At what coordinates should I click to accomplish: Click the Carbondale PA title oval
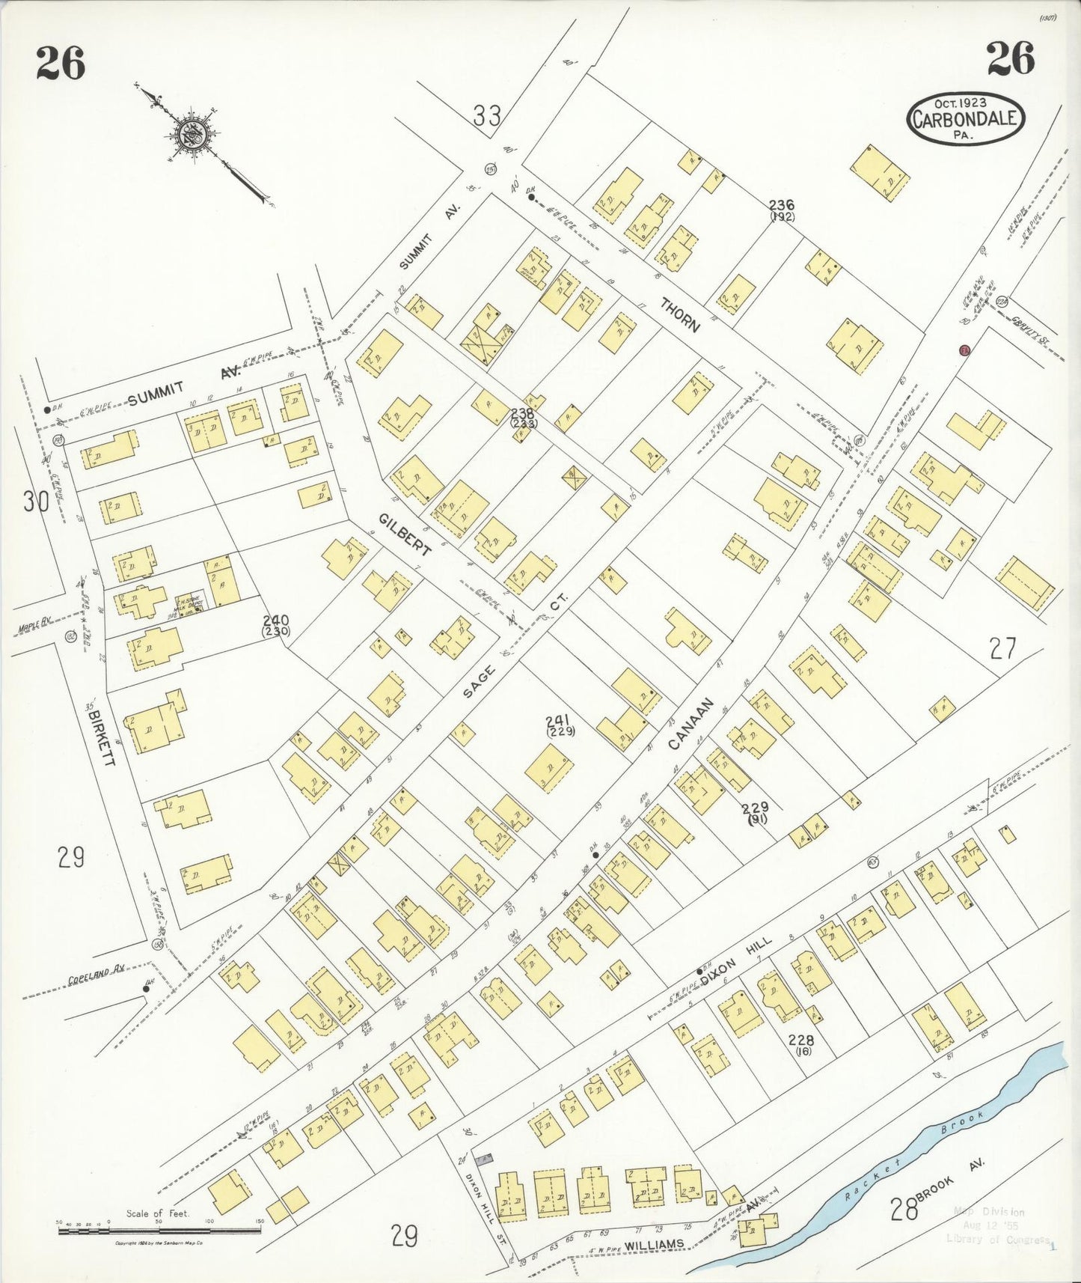point(965,119)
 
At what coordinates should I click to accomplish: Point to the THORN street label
point(680,314)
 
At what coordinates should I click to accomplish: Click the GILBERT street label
point(405,534)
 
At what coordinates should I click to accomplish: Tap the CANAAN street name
point(691,724)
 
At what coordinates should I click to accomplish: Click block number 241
point(560,720)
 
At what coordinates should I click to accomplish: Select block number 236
point(782,204)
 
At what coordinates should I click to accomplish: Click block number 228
point(800,1040)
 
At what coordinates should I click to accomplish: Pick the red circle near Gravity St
point(965,350)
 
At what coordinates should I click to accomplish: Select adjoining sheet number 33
point(487,116)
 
